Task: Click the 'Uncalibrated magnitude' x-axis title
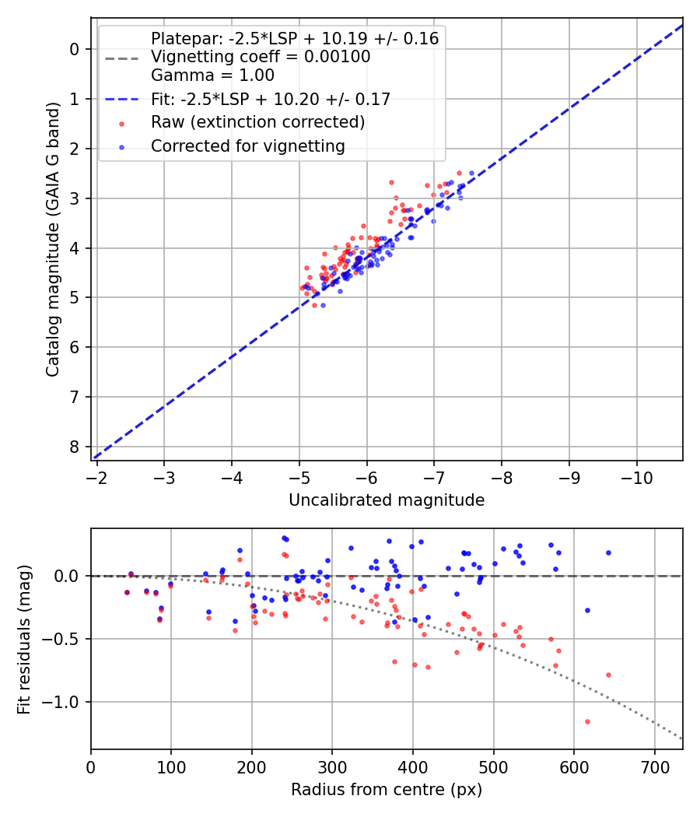click(387, 500)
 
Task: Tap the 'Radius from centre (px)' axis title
click(387, 790)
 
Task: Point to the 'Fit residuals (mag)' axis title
click(24, 639)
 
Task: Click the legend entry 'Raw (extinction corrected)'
click(257, 122)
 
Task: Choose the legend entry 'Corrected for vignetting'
click(248, 146)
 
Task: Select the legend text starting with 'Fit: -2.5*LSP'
click(271, 99)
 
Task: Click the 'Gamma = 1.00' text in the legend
click(212, 75)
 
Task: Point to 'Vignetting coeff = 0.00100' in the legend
click(261, 57)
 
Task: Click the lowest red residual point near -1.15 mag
click(587, 721)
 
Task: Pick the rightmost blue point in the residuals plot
click(608, 552)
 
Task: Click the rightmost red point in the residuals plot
click(608, 675)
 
